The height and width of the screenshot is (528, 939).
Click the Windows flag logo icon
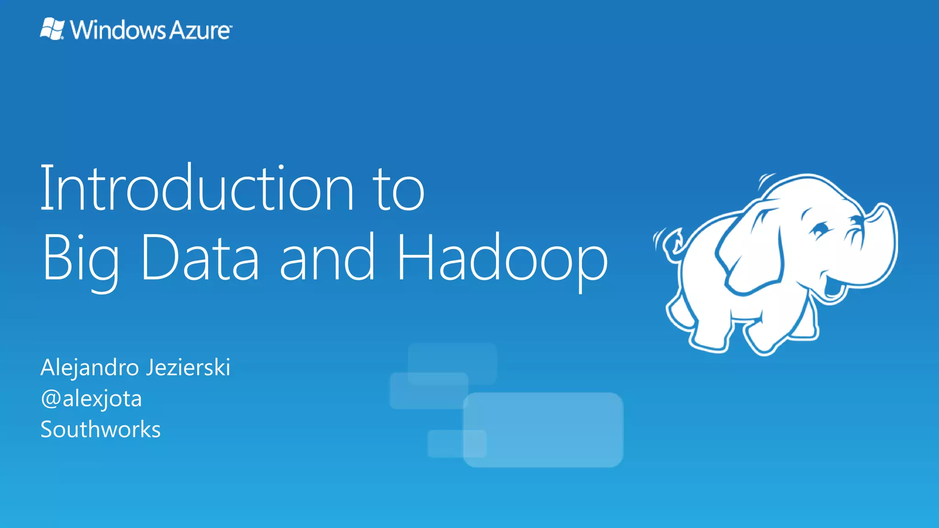pos(52,29)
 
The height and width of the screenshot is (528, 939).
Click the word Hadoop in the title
pos(502,259)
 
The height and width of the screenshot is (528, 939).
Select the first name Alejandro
pos(90,368)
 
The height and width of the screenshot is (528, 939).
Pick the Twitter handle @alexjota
pos(91,399)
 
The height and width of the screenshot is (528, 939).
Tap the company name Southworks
pos(100,429)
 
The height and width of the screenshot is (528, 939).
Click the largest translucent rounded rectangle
pos(543,429)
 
